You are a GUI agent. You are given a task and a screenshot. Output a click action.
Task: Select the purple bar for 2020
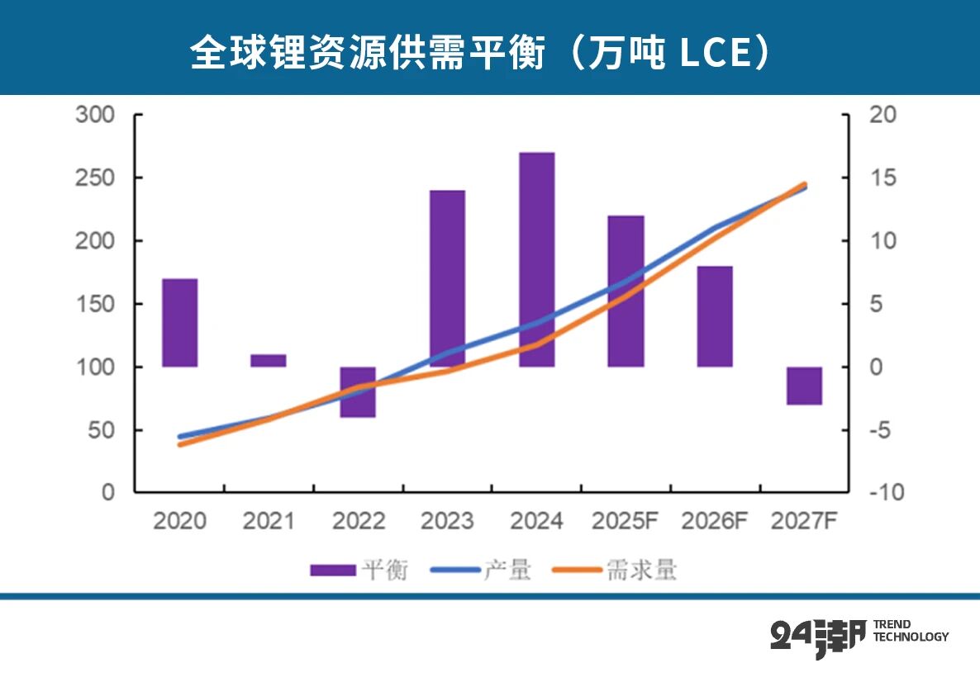(179, 323)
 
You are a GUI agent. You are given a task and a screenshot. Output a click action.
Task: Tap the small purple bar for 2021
(269, 361)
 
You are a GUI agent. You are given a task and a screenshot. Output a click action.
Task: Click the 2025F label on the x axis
(626, 522)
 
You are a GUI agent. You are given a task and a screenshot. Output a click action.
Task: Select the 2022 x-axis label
(358, 522)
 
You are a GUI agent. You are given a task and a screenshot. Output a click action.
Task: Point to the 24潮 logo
(817, 637)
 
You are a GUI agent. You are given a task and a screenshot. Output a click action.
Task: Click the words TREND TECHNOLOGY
(911, 631)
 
